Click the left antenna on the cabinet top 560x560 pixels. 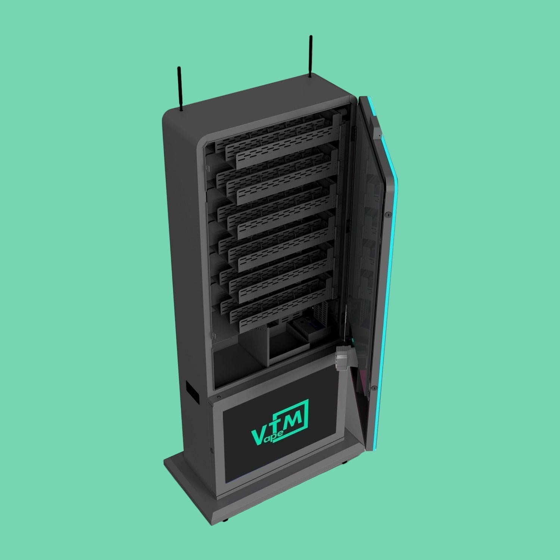[180, 89]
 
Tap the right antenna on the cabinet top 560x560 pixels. [310, 56]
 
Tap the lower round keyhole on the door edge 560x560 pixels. [373, 388]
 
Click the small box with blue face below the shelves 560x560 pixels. [304, 329]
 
